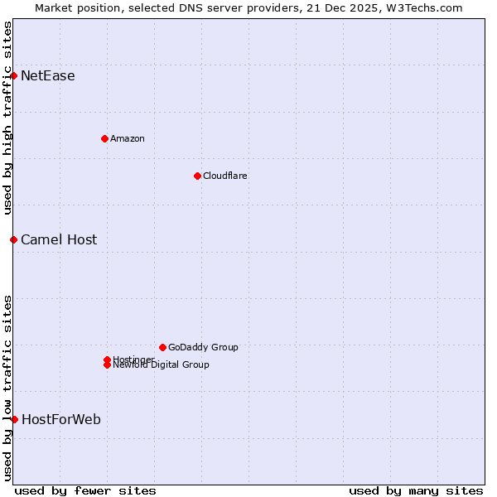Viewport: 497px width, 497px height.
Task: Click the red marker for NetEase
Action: coord(14,76)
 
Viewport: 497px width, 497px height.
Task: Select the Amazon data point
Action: coord(104,138)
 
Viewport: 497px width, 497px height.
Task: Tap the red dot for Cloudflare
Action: coord(197,176)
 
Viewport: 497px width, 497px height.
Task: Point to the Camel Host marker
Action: coord(14,239)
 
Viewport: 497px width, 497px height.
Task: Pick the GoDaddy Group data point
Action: coord(162,347)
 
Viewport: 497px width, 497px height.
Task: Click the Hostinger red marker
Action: coord(107,359)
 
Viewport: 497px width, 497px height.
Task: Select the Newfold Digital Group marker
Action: coord(107,365)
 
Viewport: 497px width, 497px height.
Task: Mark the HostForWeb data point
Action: coord(14,419)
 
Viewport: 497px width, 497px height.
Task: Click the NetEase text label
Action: coord(48,76)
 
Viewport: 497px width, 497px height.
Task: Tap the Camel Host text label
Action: coord(59,240)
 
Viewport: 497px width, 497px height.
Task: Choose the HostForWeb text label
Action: coord(61,420)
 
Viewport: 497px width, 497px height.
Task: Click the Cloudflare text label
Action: coord(225,176)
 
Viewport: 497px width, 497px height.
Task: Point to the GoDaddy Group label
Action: coord(203,348)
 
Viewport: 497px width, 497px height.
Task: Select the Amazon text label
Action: coord(128,139)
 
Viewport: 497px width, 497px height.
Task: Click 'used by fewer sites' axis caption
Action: coord(85,490)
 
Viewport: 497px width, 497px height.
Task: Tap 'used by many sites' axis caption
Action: coord(416,490)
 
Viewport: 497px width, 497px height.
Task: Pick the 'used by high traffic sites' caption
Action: coord(8,118)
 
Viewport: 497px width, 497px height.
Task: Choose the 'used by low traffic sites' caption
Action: coord(8,387)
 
